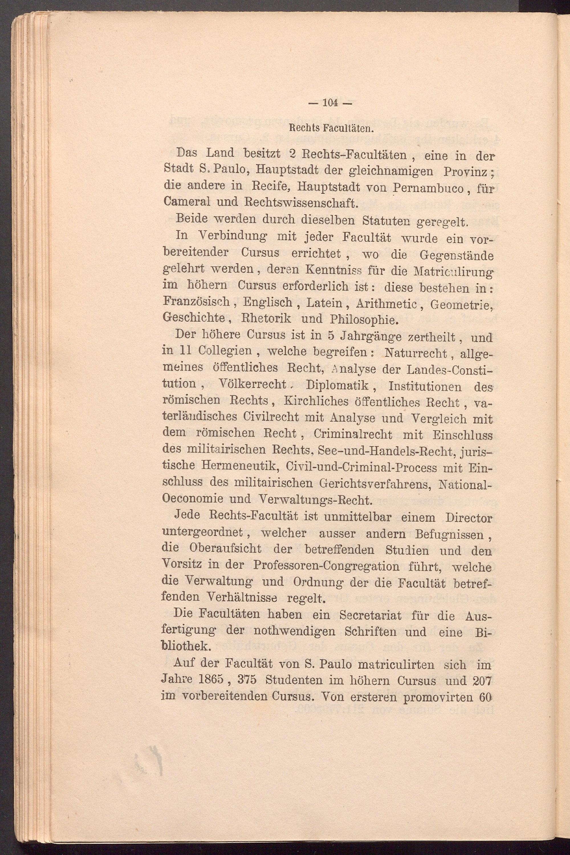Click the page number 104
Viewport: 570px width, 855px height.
click(330, 103)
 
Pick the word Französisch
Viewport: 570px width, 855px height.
click(197, 302)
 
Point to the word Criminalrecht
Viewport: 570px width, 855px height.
click(353, 435)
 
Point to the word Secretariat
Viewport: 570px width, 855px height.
click(365, 616)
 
